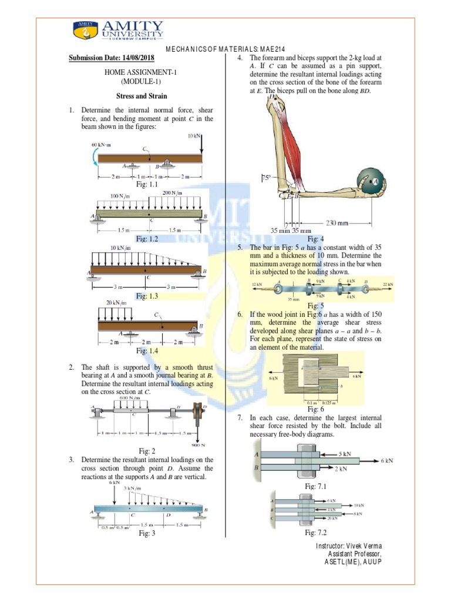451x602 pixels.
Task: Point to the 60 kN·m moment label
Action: coord(101,144)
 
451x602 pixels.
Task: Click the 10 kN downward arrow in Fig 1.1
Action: coord(201,143)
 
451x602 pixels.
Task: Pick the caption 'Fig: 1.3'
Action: coord(147,296)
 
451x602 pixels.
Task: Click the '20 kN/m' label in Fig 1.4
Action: coord(116,303)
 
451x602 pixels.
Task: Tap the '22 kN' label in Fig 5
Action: coord(388,285)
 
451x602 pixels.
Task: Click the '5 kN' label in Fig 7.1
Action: coord(345,454)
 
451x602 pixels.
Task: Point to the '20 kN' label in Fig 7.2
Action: coord(332,518)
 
